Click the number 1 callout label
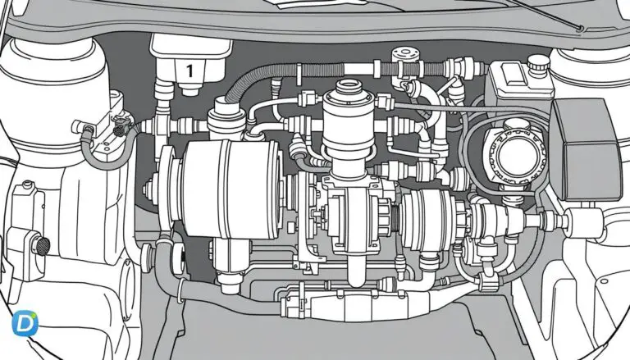(x=189, y=71)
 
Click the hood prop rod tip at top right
(x=581, y=30)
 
